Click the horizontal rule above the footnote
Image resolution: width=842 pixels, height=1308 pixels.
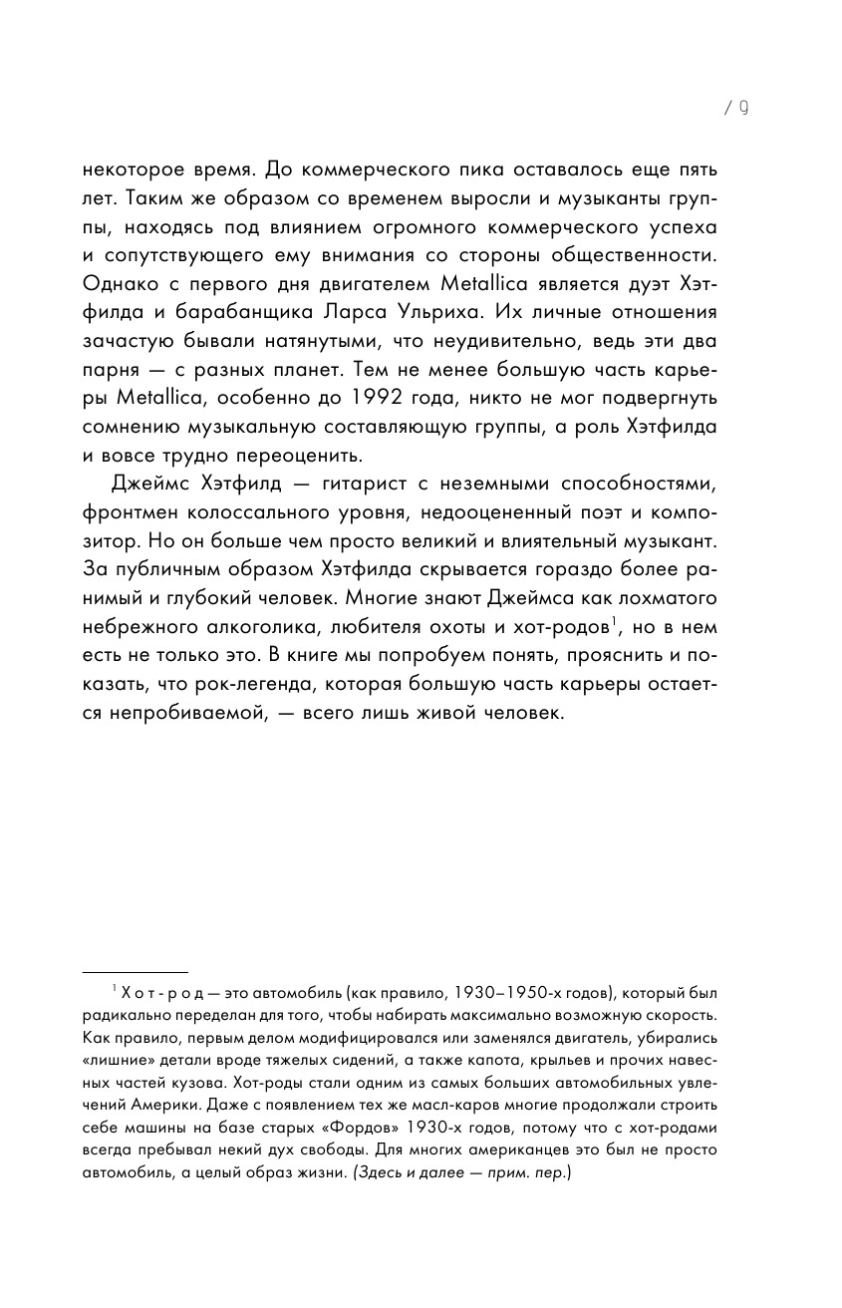click(134, 972)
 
